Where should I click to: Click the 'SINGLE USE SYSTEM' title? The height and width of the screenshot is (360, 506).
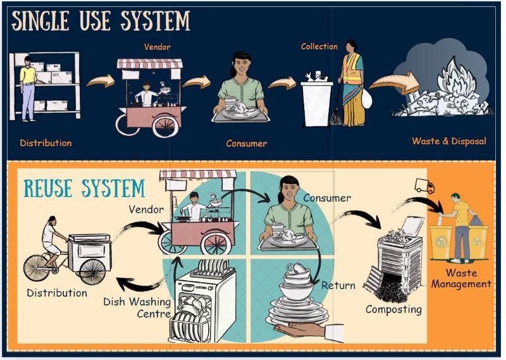point(101,21)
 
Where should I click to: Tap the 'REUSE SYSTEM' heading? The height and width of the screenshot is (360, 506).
point(84,188)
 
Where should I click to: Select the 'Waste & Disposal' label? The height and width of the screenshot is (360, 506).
point(449,141)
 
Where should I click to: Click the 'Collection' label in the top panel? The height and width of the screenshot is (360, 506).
point(319,46)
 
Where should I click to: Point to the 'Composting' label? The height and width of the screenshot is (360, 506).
point(393,309)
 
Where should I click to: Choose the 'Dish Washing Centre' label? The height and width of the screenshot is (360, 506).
point(137,307)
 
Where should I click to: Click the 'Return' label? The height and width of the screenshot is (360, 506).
point(338,285)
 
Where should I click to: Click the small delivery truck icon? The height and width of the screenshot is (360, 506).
point(424,186)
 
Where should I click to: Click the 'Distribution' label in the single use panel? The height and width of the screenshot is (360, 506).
point(46,142)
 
